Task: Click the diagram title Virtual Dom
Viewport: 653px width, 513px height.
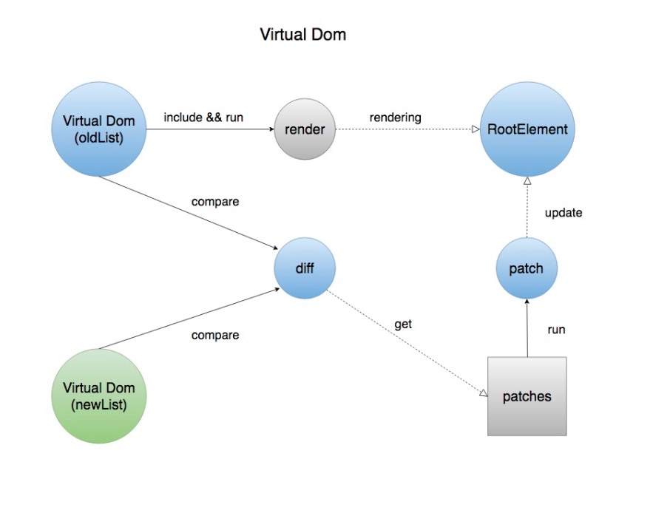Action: tap(302, 35)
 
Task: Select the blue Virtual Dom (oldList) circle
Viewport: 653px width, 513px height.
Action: tap(99, 130)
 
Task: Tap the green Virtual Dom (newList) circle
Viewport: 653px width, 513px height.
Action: tap(99, 396)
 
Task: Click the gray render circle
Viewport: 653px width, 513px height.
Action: tap(305, 130)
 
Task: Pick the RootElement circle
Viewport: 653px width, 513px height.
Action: tap(527, 130)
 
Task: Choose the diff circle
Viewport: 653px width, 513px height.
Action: tap(305, 268)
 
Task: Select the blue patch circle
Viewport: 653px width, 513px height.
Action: tap(526, 268)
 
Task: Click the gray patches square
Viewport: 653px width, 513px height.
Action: tap(527, 396)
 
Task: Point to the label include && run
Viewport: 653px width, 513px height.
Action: tap(203, 117)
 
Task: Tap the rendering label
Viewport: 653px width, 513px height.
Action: tap(395, 117)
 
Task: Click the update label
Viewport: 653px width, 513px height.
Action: tap(564, 213)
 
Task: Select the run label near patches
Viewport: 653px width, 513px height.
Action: tap(556, 330)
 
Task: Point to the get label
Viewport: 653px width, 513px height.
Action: tap(404, 324)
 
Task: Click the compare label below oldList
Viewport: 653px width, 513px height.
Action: tap(215, 201)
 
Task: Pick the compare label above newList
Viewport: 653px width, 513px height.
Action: tap(215, 335)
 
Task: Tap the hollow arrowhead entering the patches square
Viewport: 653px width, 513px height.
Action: tap(483, 393)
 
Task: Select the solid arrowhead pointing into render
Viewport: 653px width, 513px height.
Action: tap(270, 130)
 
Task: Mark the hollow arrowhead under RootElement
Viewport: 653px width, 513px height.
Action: tap(527, 181)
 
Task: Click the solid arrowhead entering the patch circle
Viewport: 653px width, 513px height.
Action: tap(526, 302)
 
